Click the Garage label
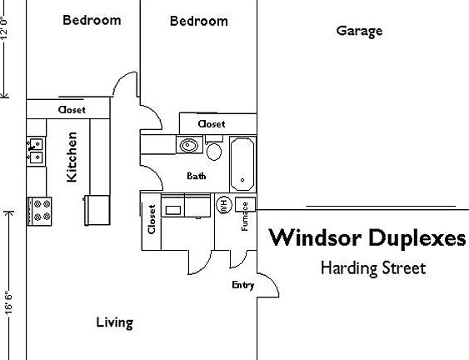point(359,32)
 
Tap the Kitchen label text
point(72,157)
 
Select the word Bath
point(197,176)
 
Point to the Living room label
point(114,322)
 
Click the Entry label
point(242,286)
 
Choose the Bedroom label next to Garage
point(198,21)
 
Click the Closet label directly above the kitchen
point(71,109)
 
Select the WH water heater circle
point(223,204)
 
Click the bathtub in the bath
point(242,162)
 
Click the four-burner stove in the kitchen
point(40,209)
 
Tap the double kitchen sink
point(36,150)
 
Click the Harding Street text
point(372,268)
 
